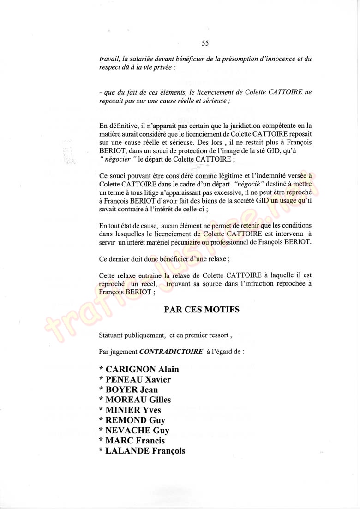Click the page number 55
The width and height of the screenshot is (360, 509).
click(x=205, y=44)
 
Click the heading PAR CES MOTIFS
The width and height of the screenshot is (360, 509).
click(x=202, y=310)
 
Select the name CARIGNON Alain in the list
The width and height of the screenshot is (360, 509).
click(x=139, y=369)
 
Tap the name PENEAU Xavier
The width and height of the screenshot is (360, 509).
click(x=135, y=379)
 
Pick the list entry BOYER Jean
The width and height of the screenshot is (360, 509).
click(x=128, y=390)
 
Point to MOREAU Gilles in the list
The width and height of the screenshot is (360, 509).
click(x=135, y=400)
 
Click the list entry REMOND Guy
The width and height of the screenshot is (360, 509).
click(x=132, y=420)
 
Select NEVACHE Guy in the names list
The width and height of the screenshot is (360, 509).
click(x=134, y=431)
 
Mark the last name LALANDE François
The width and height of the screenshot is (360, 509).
click(x=142, y=451)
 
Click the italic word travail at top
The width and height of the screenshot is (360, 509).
click(x=109, y=59)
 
